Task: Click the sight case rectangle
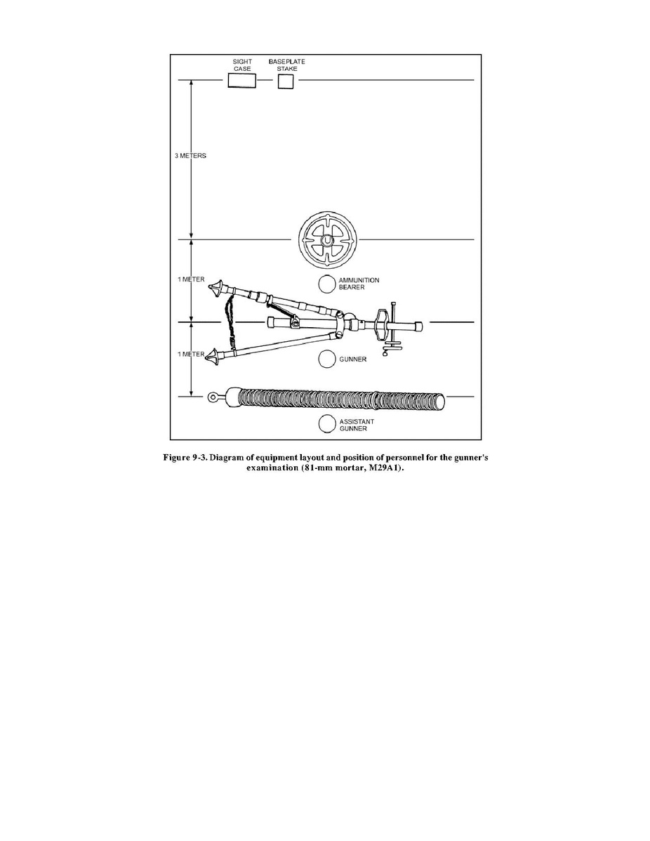point(242,81)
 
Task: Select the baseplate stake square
point(286,81)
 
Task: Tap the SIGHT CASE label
point(242,65)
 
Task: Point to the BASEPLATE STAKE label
point(287,65)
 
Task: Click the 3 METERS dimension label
point(190,156)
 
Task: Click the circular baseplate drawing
point(327,240)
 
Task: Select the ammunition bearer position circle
point(327,284)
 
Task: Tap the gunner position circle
point(327,359)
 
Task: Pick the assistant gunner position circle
point(327,424)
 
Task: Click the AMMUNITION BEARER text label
point(359,284)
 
